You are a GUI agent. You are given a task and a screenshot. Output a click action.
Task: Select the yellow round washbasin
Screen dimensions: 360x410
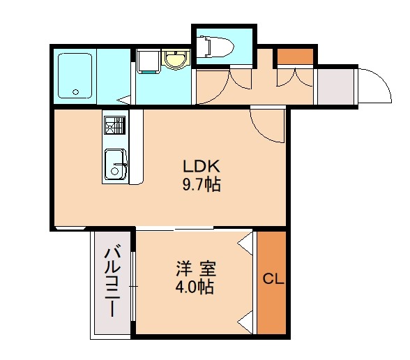tap(174, 60)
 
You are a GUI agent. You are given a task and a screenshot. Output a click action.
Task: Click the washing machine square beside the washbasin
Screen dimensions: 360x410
tap(146, 61)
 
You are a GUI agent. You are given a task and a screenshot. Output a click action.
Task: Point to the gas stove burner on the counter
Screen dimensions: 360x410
tap(114, 126)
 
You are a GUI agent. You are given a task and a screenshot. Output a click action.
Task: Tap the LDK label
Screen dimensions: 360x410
tap(202, 167)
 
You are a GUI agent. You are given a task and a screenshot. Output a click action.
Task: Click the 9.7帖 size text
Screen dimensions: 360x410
tap(202, 186)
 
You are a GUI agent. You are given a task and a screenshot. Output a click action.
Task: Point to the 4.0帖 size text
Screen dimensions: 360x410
tap(195, 286)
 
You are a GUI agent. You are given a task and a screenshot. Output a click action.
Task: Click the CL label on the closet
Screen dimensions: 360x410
tap(272, 280)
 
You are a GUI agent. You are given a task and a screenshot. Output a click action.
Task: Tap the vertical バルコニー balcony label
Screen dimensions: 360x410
tap(111, 282)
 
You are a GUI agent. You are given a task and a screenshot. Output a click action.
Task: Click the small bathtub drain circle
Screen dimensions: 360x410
tap(77, 91)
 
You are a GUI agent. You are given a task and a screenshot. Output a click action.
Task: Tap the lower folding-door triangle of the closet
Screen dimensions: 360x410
tap(245, 322)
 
